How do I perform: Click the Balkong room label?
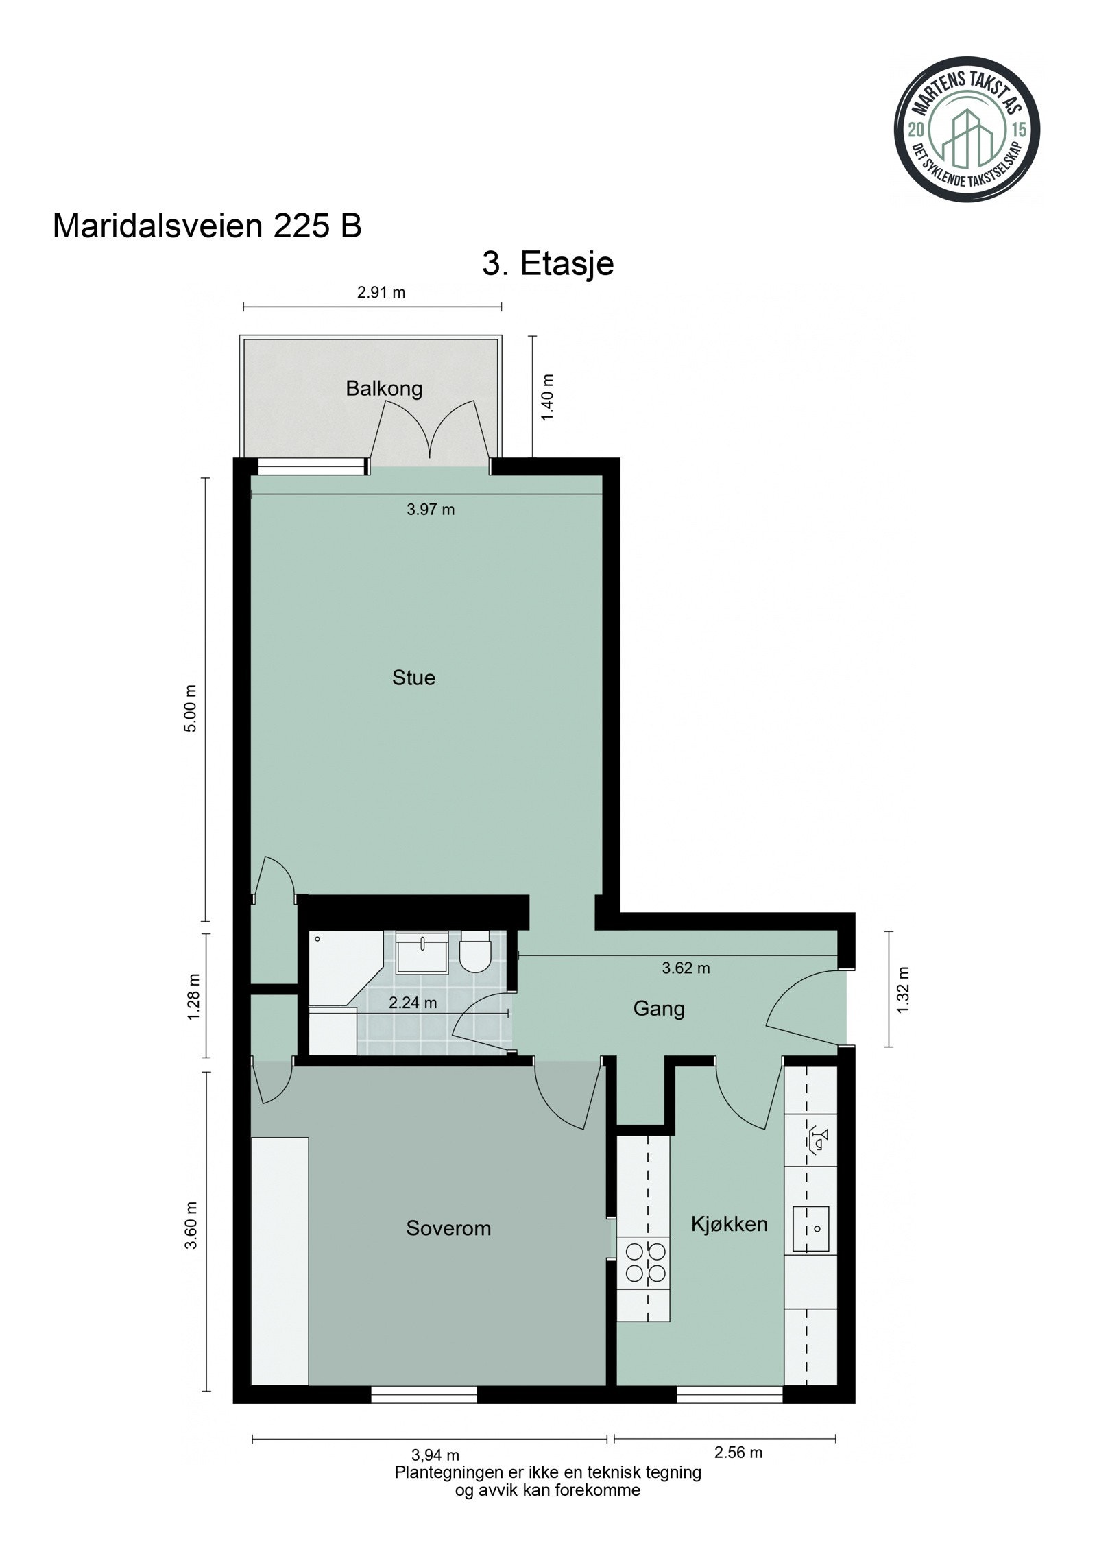[383, 389]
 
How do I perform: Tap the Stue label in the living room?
[413, 678]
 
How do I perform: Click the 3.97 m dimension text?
[431, 510]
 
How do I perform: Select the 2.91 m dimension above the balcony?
[381, 293]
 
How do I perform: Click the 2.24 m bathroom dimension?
[413, 1003]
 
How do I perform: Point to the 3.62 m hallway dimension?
[686, 968]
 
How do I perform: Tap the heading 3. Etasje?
[547, 263]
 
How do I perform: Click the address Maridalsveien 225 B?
[207, 226]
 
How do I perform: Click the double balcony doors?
[430, 432]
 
